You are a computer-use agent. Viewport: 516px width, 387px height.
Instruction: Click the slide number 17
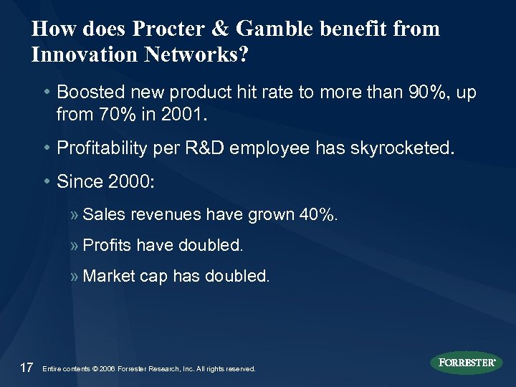[x=26, y=368]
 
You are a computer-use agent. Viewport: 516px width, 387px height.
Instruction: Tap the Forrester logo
[x=467, y=363]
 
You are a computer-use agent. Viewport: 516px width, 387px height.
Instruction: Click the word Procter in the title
[x=161, y=29]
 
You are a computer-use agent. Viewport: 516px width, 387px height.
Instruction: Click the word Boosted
[x=88, y=93]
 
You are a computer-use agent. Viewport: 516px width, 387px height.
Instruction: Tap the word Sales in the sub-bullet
[x=102, y=214]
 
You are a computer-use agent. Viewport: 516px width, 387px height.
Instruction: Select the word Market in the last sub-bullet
[x=108, y=277]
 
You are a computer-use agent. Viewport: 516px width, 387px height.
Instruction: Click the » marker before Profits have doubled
[x=75, y=246]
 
